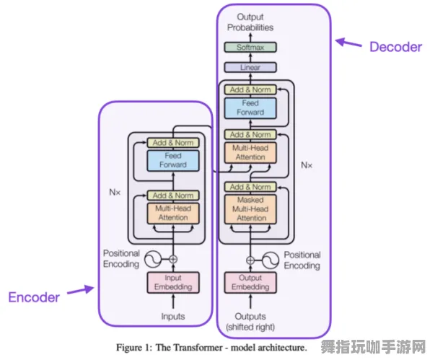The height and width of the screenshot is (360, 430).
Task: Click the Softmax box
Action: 250,48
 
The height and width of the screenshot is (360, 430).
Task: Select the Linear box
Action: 250,67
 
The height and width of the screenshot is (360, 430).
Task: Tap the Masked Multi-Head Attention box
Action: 250,208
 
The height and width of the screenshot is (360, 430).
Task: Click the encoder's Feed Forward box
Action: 172,160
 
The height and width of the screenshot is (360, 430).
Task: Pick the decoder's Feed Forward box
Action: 250,108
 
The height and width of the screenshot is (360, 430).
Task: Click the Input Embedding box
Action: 172,282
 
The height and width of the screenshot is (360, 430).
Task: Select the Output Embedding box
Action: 250,282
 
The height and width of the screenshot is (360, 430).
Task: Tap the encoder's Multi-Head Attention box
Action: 172,213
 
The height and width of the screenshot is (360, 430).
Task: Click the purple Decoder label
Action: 395,47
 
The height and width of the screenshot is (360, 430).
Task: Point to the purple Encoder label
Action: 34,297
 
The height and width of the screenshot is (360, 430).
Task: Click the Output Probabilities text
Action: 250,22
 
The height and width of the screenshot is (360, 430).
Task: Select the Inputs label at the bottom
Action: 172,316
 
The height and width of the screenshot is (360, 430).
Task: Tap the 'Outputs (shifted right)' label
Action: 250,321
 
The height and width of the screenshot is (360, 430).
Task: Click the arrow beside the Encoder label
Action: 80,291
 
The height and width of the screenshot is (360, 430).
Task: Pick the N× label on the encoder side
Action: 115,192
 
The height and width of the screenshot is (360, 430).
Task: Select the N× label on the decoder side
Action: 307,164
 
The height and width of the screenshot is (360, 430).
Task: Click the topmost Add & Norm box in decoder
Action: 250,90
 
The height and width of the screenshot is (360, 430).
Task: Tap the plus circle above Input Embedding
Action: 172,259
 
